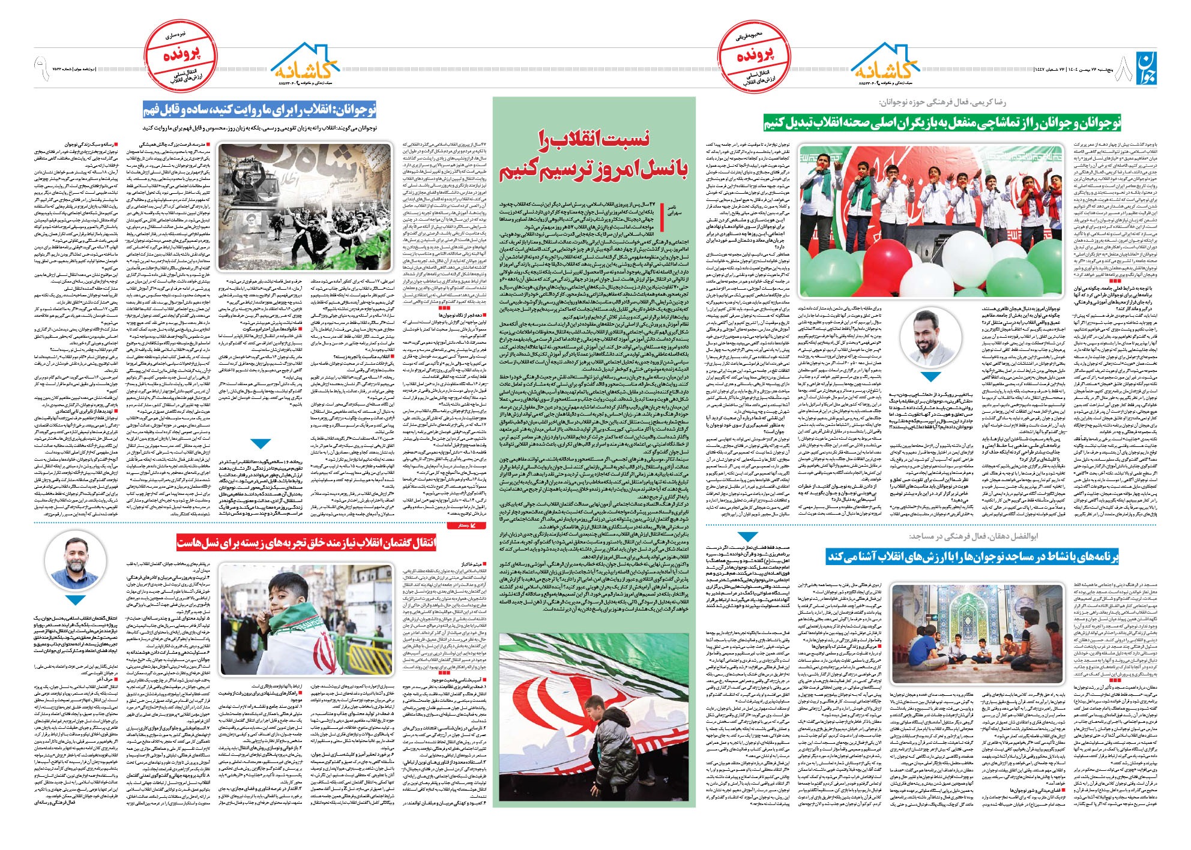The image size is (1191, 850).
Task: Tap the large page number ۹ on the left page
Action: pos(41,68)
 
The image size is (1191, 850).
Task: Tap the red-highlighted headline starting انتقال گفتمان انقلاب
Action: pos(306,543)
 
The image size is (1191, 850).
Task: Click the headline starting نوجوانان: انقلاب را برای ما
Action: pos(259,110)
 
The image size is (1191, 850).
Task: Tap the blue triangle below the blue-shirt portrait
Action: pos(930,377)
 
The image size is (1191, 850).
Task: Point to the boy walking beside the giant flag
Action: pos(591,728)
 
